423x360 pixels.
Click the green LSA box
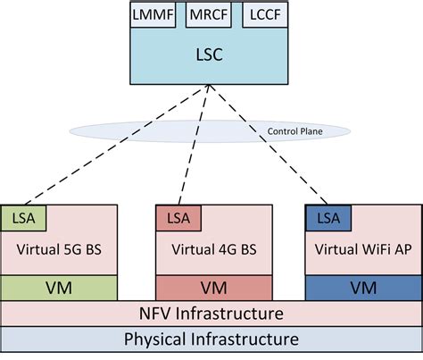(x=24, y=217)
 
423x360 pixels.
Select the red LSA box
(x=177, y=217)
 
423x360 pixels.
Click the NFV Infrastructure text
(x=211, y=314)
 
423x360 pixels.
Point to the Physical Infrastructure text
(x=211, y=339)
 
